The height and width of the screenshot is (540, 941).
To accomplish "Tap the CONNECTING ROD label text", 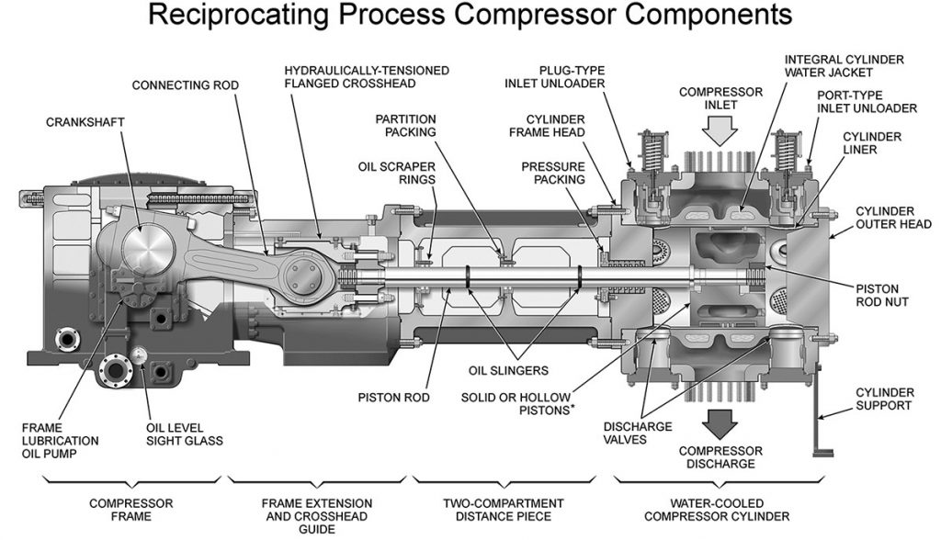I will (x=185, y=85).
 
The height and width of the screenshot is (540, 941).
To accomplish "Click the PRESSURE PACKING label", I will (x=553, y=174).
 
